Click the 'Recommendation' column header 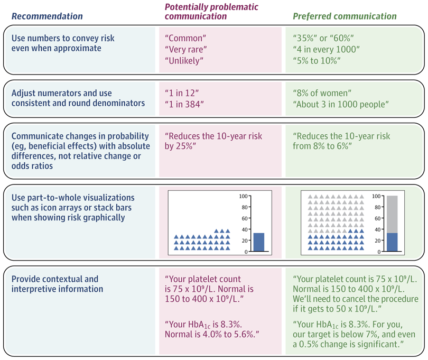pos(47,16)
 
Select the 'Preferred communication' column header pos(345,16)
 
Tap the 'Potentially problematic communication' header pos(196,11)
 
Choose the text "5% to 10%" pos(317,61)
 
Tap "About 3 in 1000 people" pos(341,104)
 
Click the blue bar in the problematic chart pos(258,242)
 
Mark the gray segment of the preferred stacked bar pos(392,214)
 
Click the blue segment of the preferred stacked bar pos(392,242)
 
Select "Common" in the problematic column pos(186,39)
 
